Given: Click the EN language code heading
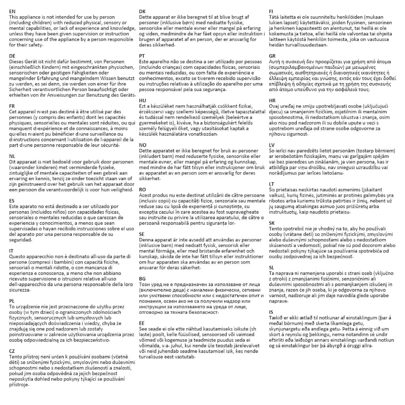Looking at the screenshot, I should [12, 12].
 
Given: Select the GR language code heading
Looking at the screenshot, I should [272, 56].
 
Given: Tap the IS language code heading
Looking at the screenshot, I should [271, 312].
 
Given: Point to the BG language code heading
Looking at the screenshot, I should [142, 279].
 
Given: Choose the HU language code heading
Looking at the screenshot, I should [143, 101].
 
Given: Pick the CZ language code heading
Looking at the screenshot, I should [12, 351].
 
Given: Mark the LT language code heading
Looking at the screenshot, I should [271, 184].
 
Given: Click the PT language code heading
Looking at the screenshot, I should [142, 56].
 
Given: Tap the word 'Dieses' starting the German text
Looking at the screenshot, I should [17, 62].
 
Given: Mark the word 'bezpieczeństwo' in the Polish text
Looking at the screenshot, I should [90, 339].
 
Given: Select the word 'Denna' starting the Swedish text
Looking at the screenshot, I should [146, 240].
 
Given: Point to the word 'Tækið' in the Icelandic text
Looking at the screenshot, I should [275, 318].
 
